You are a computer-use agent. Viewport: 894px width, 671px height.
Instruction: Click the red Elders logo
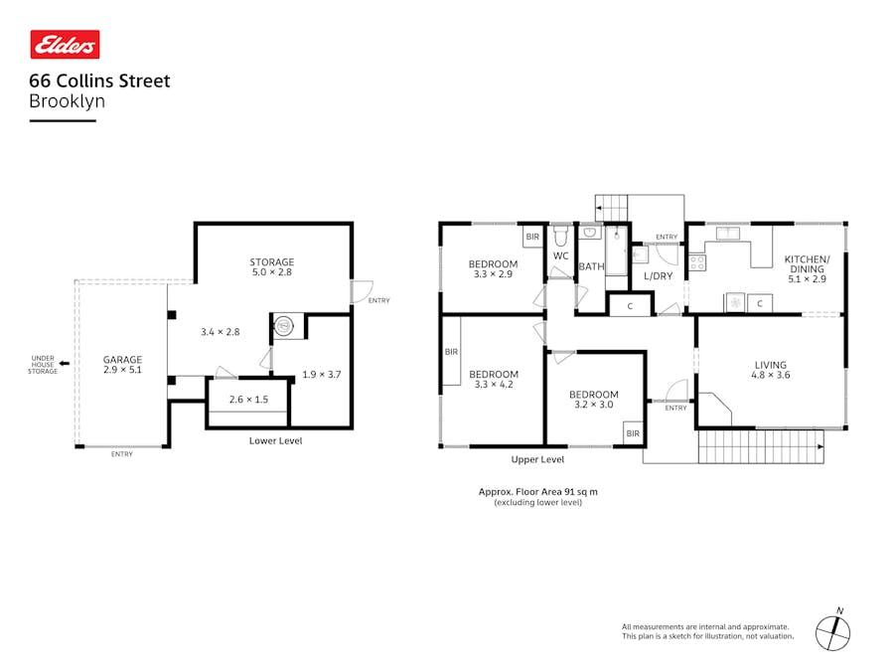pyautogui.click(x=65, y=45)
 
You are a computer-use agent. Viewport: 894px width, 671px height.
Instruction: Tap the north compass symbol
pyautogui.click(x=833, y=631)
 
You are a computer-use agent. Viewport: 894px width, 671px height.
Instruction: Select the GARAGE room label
pyautogui.click(x=122, y=360)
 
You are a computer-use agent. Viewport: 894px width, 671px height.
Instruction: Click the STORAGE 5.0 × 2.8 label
pyautogui.click(x=272, y=267)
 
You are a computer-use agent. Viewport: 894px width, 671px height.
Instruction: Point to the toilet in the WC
pyautogui.click(x=561, y=236)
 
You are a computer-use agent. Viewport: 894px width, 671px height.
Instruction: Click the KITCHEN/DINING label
pyautogui.click(x=808, y=263)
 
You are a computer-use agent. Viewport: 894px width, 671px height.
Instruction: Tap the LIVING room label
pyautogui.click(x=771, y=365)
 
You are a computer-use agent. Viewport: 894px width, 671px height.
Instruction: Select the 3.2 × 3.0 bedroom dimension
pyautogui.click(x=594, y=405)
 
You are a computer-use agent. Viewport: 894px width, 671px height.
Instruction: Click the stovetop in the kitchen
pyautogui.click(x=698, y=262)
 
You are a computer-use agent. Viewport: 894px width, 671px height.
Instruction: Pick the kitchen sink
pyautogui.click(x=728, y=233)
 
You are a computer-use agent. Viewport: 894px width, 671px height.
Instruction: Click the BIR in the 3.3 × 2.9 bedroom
pyautogui.click(x=532, y=237)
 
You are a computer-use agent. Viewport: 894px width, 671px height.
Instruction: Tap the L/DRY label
pyautogui.click(x=658, y=276)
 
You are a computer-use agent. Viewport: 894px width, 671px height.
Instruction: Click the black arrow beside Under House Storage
pyautogui.click(x=65, y=363)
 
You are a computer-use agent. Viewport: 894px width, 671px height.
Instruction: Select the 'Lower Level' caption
pyautogui.click(x=275, y=440)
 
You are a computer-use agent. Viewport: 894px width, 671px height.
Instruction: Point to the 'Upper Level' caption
pyautogui.click(x=537, y=459)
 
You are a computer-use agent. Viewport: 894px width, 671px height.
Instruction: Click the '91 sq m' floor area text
pyautogui.click(x=581, y=491)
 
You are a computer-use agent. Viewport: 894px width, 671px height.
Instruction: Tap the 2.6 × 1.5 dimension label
pyautogui.click(x=248, y=400)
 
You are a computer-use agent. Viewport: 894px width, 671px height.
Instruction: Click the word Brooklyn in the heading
pyautogui.click(x=68, y=101)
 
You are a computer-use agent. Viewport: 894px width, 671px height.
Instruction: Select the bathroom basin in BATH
pyautogui.click(x=589, y=233)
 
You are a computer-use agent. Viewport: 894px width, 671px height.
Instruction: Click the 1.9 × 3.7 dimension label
pyautogui.click(x=322, y=375)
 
